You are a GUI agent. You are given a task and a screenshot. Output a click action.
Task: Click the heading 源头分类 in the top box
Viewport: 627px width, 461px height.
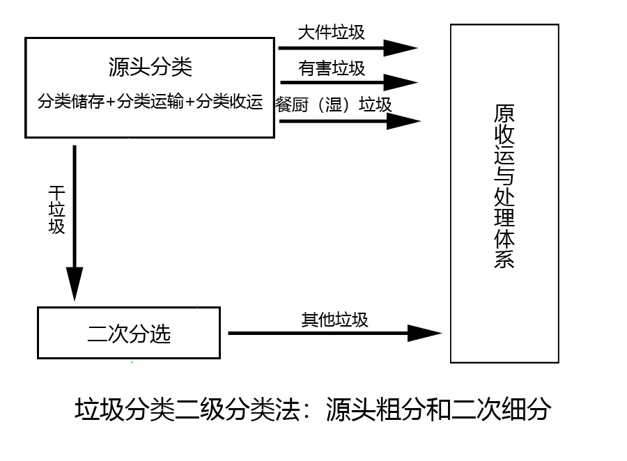point(150,67)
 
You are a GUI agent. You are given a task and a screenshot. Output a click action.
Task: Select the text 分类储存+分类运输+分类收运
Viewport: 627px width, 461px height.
point(150,101)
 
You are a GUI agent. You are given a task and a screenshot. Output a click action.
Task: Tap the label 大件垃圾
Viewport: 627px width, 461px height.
point(332,33)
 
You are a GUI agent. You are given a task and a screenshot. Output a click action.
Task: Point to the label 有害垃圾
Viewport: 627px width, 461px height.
point(332,68)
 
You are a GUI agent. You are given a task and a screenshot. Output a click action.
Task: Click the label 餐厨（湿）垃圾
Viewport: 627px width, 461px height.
point(334,104)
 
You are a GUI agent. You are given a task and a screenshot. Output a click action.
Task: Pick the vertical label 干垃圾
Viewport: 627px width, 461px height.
point(57,210)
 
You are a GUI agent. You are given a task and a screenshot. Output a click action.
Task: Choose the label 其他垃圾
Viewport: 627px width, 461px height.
point(334,320)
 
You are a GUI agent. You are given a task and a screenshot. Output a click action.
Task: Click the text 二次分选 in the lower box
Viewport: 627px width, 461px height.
point(129,334)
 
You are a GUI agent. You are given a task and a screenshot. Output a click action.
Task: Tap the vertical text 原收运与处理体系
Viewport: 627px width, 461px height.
point(504,186)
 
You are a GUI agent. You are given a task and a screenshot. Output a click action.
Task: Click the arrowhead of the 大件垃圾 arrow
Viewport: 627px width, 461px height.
point(400,48)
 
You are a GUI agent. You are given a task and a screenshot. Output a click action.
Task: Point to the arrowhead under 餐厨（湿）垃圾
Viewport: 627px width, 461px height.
point(403,120)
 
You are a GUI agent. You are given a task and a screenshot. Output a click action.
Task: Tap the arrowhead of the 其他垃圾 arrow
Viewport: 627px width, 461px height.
point(424,333)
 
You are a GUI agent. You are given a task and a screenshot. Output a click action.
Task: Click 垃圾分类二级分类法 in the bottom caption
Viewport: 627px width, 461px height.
point(187,409)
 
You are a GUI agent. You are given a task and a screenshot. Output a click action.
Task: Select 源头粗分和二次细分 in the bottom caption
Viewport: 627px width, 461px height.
point(439,409)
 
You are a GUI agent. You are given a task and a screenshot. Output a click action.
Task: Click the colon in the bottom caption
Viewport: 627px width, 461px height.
point(307,410)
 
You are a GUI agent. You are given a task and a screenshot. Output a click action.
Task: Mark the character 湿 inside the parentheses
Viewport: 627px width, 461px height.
point(333,104)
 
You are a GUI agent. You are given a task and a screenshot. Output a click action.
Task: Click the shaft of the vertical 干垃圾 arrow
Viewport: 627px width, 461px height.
point(75,206)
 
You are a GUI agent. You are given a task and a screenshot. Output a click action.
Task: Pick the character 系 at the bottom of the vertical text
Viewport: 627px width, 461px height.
point(504,259)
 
